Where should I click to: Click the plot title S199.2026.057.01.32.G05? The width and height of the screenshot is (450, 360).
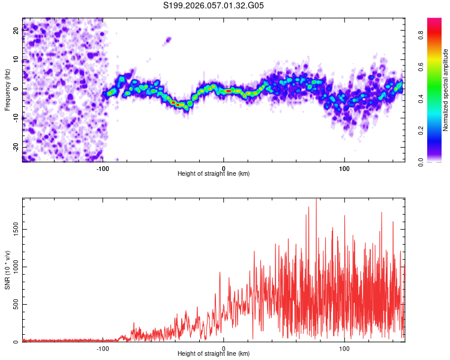[214, 5]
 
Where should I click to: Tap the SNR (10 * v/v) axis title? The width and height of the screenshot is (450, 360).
[7, 270]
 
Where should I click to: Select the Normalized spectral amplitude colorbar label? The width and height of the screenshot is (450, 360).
[446, 90]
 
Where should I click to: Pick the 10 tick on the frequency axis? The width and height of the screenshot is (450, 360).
[16, 60]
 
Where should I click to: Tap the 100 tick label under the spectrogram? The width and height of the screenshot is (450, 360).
[344, 167]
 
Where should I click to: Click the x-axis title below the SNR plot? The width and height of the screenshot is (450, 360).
[214, 354]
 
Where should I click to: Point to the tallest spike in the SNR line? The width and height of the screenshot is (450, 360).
[316, 200]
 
